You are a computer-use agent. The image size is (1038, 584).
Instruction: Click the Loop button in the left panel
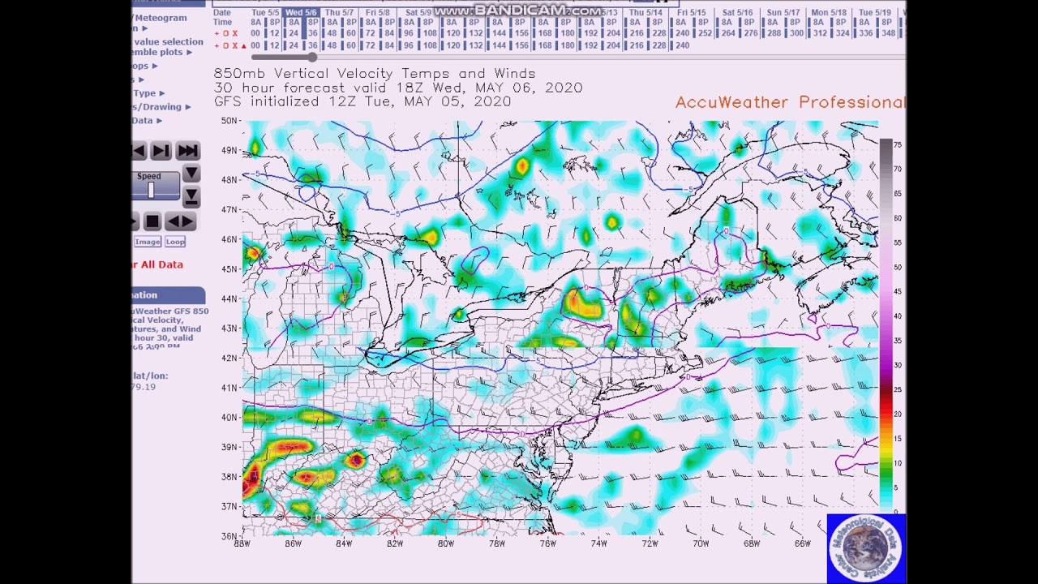[x=175, y=242]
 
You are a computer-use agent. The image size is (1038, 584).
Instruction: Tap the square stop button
[x=152, y=221]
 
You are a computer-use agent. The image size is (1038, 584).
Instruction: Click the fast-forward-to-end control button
[x=187, y=151]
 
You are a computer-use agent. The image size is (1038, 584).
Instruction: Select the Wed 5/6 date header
[x=301, y=13]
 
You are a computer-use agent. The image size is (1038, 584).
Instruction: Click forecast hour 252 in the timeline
[x=706, y=33]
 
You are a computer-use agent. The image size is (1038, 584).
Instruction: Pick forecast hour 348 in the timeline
[x=888, y=33]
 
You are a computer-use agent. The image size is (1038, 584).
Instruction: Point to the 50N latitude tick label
[x=229, y=121]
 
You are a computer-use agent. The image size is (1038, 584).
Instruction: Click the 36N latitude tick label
[x=229, y=536]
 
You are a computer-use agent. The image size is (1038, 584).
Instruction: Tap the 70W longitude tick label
[x=700, y=543]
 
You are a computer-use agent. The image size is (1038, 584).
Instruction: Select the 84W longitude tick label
[x=344, y=543]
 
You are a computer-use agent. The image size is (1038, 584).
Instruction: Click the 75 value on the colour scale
[x=898, y=144]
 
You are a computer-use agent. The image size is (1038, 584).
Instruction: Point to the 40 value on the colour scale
[x=898, y=316]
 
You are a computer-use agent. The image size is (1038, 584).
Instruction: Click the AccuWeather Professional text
[x=790, y=102]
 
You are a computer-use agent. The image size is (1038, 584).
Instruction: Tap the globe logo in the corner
[x=866, y=547]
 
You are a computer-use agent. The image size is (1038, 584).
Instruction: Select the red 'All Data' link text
[x=161, y=264]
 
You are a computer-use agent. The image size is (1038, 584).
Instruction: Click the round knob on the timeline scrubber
[x=312, y=57]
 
